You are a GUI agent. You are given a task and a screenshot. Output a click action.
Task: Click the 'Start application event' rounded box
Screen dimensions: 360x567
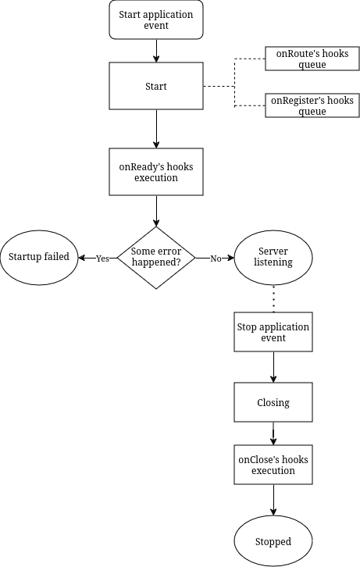coord(156,20)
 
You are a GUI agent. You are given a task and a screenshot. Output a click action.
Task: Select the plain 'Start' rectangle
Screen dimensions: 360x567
coord(156,86)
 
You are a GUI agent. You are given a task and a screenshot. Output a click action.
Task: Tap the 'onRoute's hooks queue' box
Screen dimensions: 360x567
coord(312,59)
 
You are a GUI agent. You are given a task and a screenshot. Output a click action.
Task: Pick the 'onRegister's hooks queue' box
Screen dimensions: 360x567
coord(312,105)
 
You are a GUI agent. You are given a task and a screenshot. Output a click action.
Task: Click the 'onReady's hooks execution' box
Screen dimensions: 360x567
coord(156,172)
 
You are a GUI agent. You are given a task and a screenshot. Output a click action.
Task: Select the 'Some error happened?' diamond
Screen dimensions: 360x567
coord(156,258)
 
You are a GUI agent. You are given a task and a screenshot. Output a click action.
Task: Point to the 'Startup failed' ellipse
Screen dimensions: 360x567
coord(39,258)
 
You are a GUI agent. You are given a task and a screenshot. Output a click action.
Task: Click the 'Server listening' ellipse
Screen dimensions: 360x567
coord(273,258)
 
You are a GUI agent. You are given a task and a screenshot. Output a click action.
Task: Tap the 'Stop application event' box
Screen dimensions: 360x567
coord(273,332)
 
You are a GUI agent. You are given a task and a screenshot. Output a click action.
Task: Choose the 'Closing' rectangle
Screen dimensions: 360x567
coord(273,402)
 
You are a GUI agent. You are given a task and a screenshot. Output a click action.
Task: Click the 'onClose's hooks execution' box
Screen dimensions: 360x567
coord(273,465)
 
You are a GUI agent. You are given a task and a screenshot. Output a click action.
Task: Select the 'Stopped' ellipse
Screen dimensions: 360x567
coord(273,541)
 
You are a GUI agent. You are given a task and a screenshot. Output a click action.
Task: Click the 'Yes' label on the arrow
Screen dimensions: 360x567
coord(102,259)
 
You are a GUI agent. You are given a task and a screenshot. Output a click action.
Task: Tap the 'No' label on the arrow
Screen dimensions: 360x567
coord(216,259)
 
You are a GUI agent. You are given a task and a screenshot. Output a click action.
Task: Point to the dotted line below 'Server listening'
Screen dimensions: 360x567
coord(273,298)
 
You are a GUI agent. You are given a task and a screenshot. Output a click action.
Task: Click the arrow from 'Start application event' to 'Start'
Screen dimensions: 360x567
coord(156,51)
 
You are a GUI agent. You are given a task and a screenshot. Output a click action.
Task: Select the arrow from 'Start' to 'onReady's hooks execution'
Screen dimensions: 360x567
coord(156,129)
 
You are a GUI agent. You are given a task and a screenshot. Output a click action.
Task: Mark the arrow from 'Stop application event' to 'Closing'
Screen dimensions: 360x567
coord(273,367)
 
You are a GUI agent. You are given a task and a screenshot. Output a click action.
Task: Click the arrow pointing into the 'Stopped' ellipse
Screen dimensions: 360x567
coord(273,500)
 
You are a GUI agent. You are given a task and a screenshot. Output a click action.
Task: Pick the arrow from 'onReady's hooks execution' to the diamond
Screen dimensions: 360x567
coord(156,211)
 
